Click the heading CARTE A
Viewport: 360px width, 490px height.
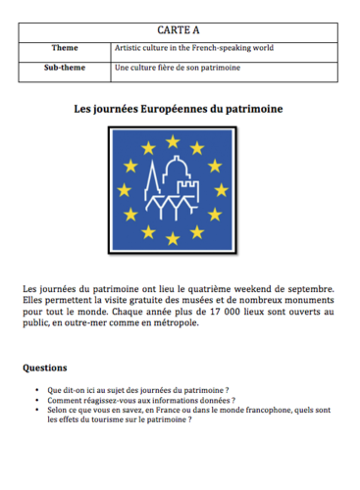[180, 31]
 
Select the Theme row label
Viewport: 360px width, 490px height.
[66, 48]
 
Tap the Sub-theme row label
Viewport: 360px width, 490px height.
[66, 69]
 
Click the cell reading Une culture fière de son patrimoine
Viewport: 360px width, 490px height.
[178, 69]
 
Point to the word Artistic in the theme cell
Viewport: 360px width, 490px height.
[130, 48]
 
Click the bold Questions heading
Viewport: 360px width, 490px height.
[47, 368]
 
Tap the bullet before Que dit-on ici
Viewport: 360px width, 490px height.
[37, 389]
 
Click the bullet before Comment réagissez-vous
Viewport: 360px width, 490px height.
[37, 401]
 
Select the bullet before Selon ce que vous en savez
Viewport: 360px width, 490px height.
[37, 412]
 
